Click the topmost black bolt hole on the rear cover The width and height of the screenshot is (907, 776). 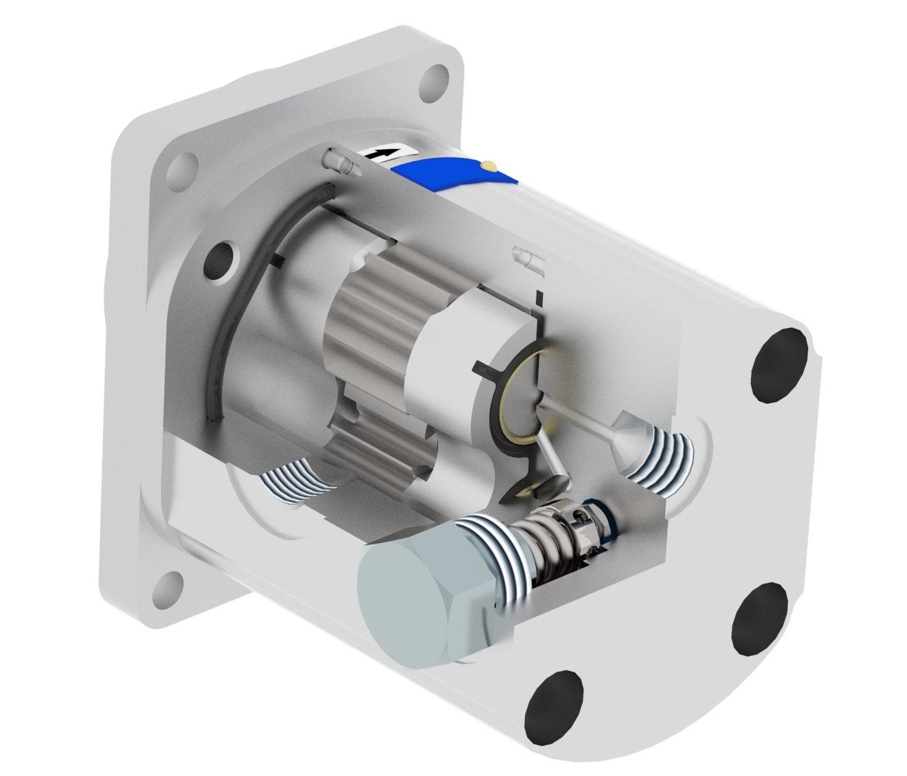(x=779, y=364)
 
